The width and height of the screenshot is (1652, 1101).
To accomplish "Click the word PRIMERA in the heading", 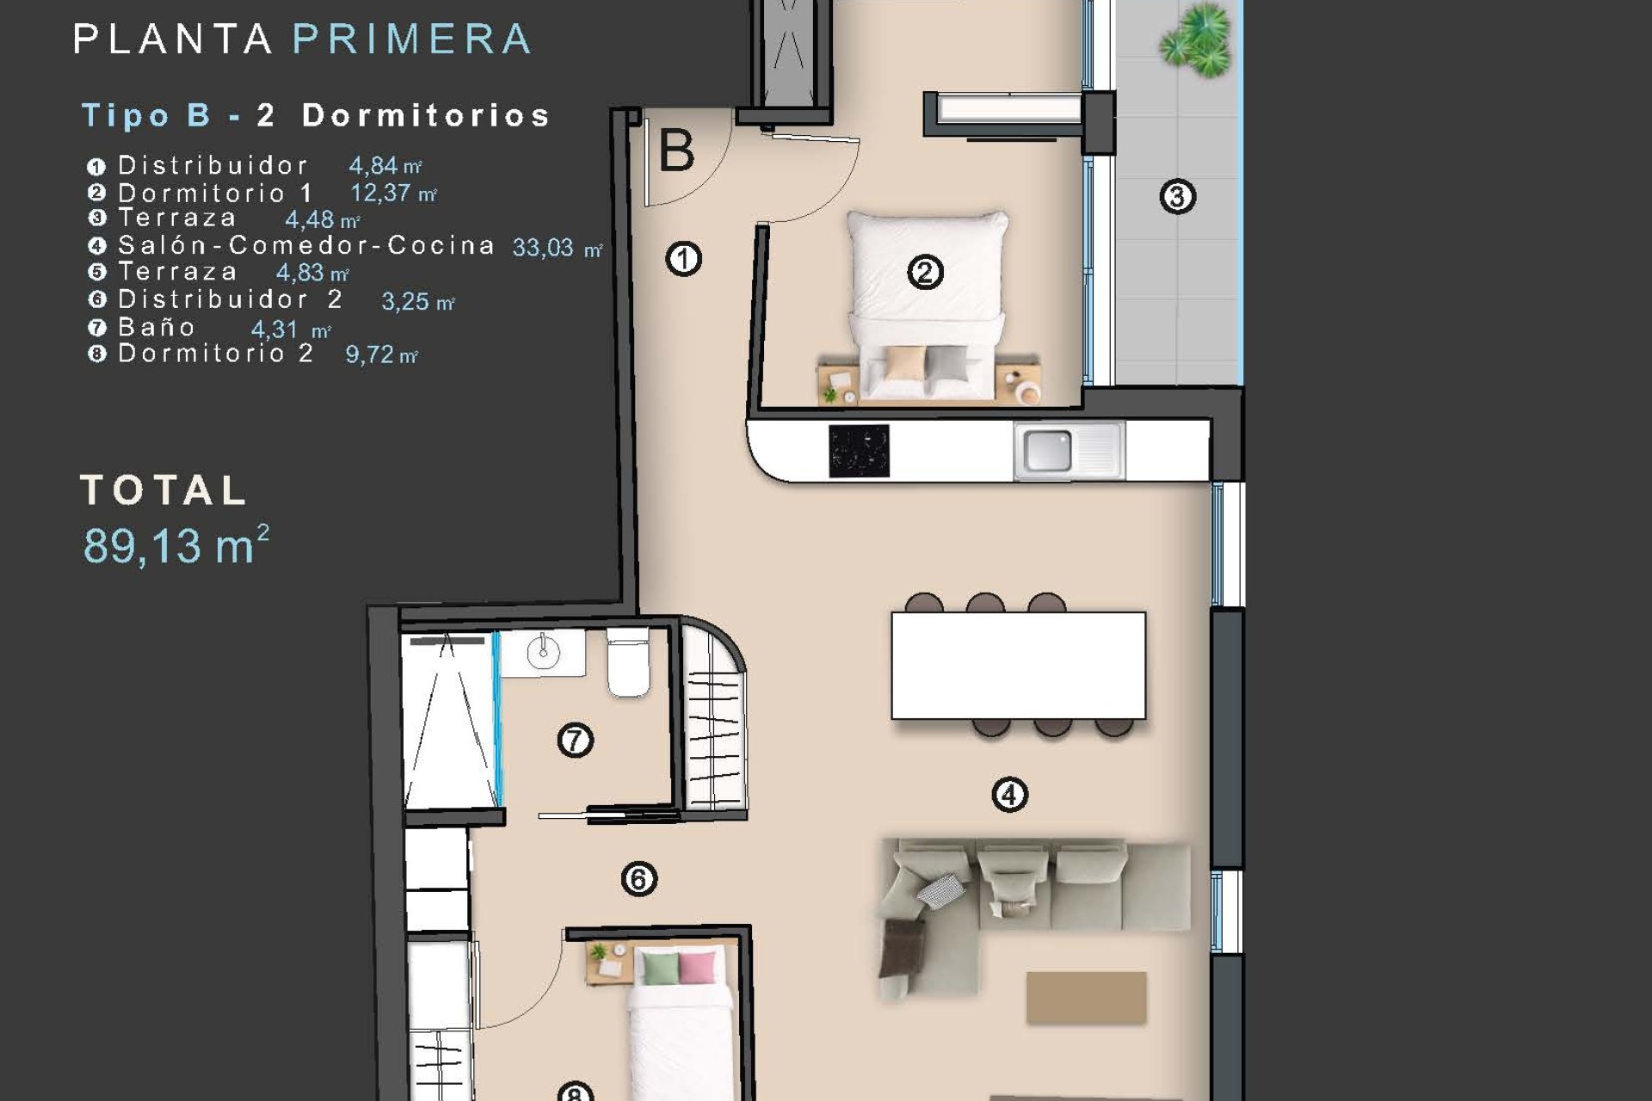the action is point(412,40).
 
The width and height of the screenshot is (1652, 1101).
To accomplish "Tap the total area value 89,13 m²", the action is point(176,544).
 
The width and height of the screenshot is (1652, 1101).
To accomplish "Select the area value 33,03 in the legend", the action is point(543,248).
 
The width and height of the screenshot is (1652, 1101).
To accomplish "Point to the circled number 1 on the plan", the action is point(684,258).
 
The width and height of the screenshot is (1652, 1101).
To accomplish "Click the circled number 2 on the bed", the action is point(925,273).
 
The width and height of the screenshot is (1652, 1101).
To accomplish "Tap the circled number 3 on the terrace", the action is point(1177,197).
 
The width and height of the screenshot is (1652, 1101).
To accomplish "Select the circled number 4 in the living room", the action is point(1009,795).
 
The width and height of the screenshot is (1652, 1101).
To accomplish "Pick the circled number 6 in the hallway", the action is point(638,879).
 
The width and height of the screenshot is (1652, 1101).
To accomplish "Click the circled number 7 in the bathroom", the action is point(575,740).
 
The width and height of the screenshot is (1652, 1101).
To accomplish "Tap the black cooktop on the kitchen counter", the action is point(859,451).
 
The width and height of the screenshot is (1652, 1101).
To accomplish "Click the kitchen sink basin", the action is point(1048,451).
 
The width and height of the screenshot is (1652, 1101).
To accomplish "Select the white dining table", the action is point(1018,665).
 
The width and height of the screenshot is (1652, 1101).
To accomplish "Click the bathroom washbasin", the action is point(543,653).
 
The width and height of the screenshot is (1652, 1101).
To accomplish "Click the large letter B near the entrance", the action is point(676,151).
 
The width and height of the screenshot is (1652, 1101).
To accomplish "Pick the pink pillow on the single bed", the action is point(697,967).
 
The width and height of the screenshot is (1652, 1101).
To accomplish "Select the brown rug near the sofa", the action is point(1086,998).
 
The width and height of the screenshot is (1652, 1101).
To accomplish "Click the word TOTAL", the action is point(163,491).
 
